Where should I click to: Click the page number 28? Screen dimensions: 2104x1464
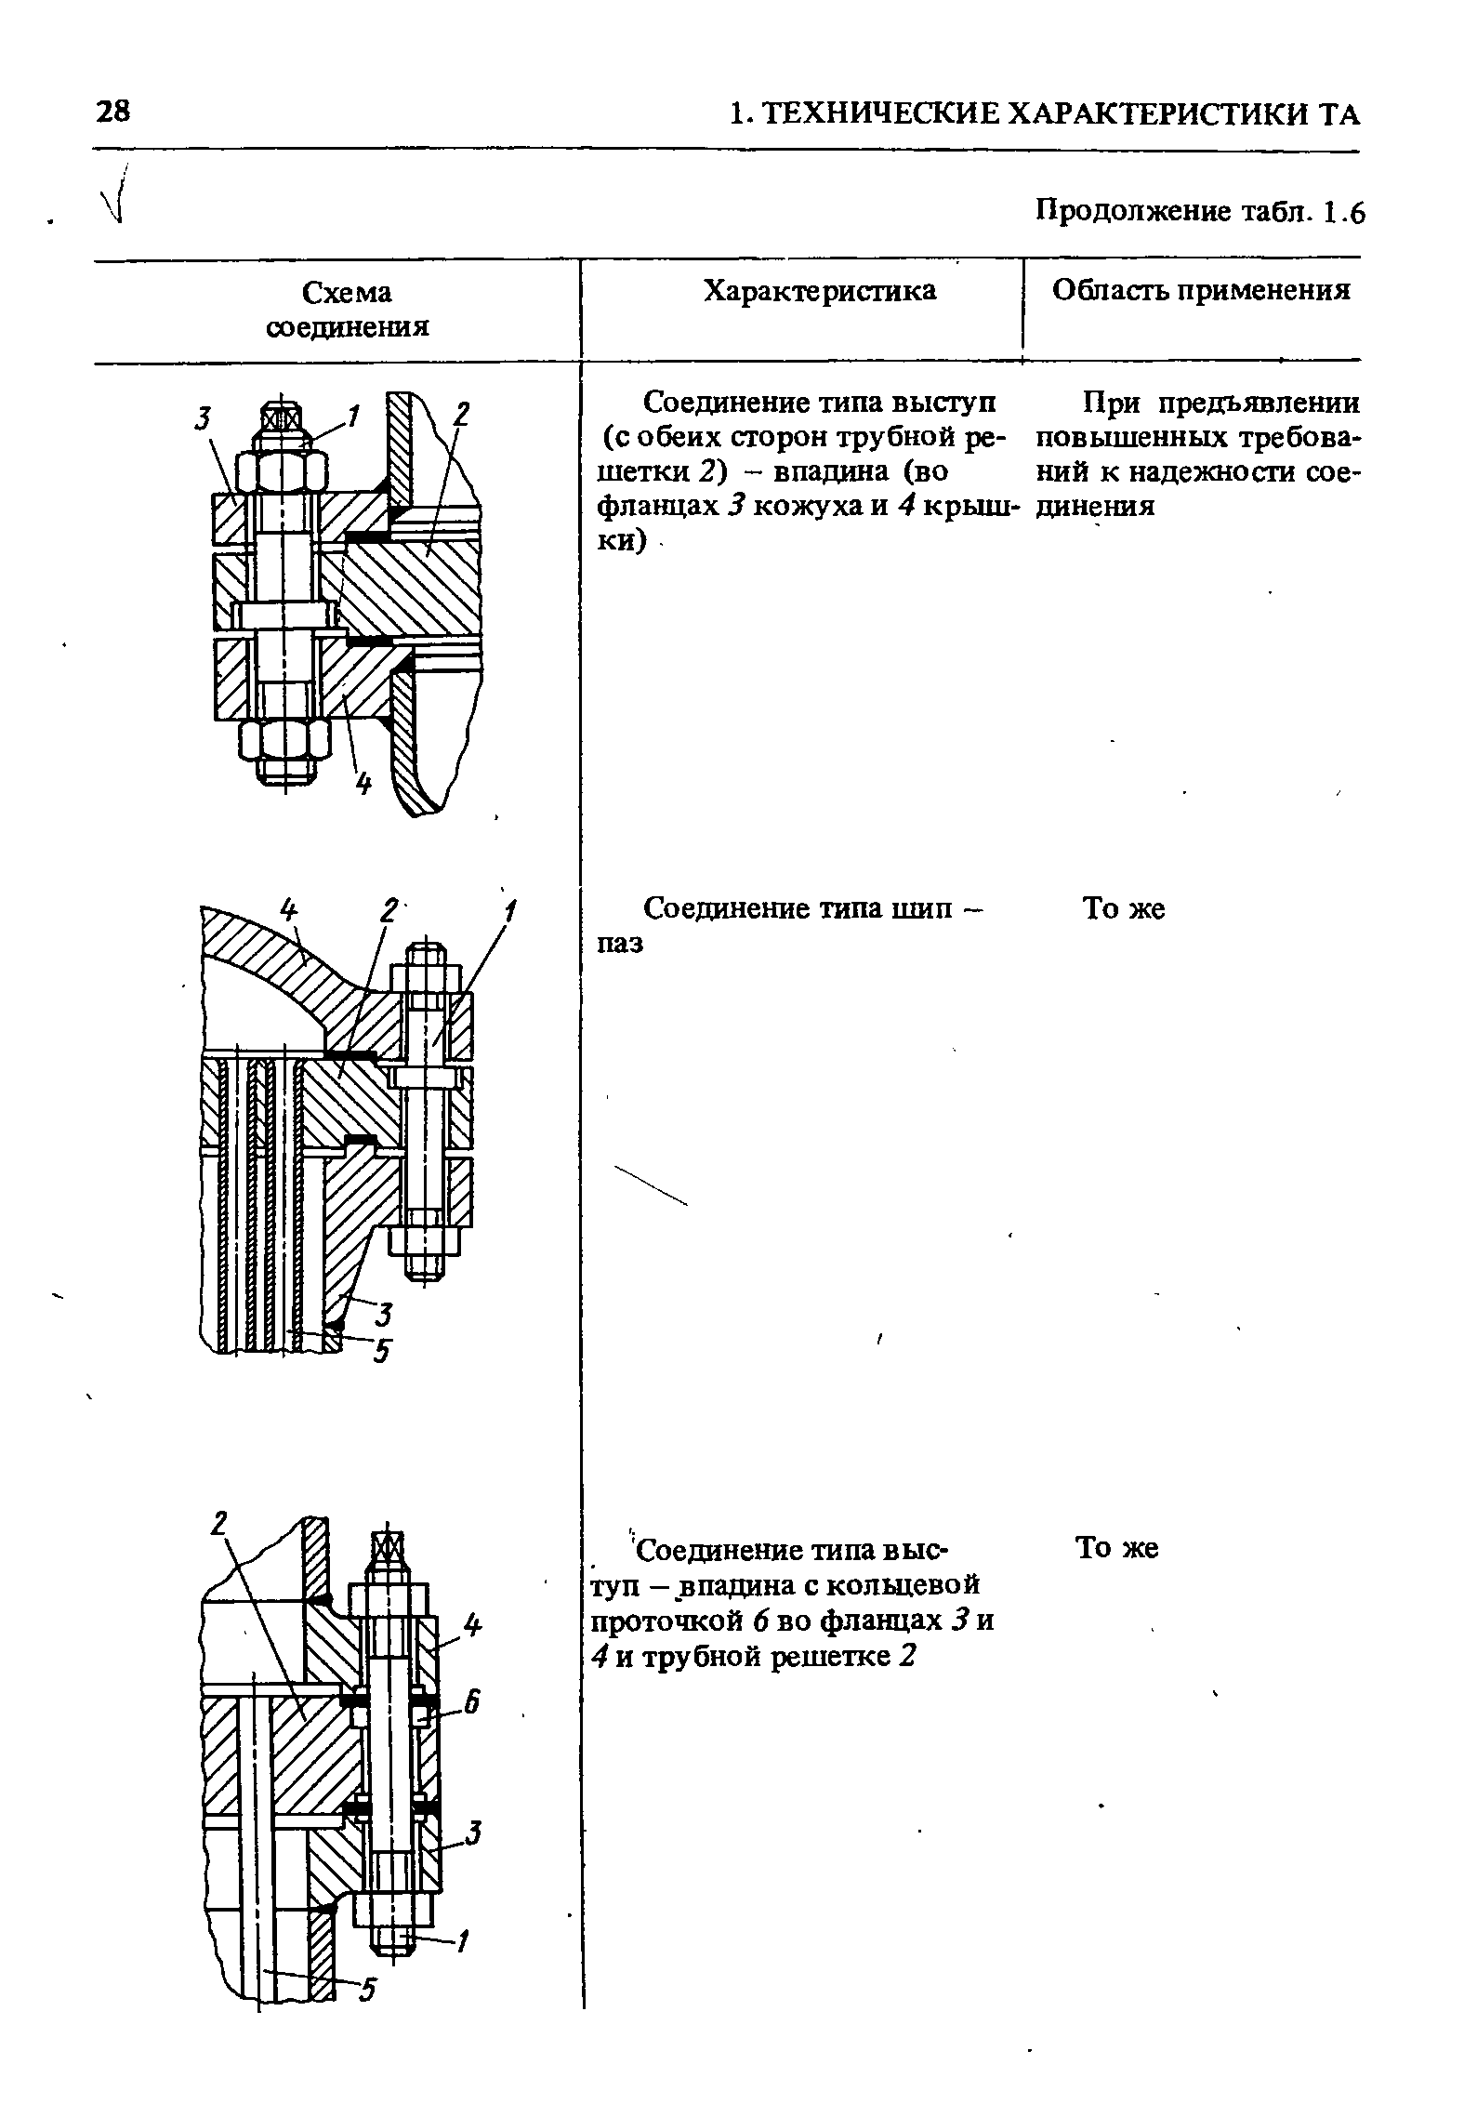coord(113,112)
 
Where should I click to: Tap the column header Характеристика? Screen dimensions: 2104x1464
coord(820,291)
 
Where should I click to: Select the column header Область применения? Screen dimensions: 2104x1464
coord(1200,291)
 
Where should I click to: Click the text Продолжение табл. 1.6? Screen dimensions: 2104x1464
coord(1200,213)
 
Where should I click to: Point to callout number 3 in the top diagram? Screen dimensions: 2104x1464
coord(202,419)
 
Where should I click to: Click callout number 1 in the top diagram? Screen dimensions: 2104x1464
coord(351,417)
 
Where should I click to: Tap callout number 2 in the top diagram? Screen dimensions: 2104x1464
coord(462,415)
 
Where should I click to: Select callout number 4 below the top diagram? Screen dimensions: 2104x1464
coord(363,785)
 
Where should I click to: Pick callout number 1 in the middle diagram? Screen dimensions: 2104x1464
coord(509,910)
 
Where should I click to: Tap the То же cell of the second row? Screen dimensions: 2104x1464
coord(1123,908)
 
